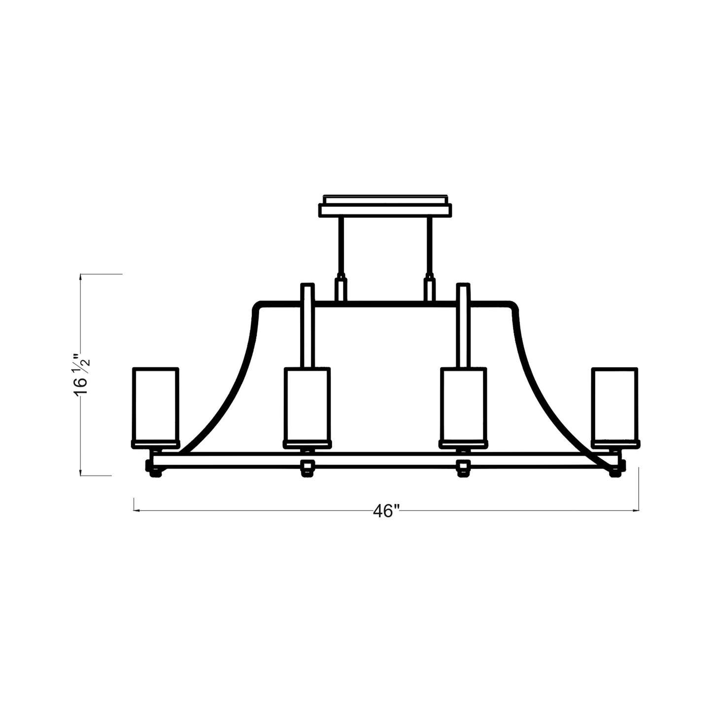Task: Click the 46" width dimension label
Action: click(x=385, y=511)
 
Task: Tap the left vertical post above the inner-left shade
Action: click(x=307, y=325)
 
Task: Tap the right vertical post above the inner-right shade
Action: click(x=463, y=325)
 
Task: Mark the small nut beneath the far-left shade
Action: click(x=156, y=474)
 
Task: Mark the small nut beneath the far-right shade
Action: click(x=614, y=474)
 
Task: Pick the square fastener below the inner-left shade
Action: click(x=307, y=466)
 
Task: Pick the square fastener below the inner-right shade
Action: click(x=463, y=466)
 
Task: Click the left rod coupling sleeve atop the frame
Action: click(x=340, y=289)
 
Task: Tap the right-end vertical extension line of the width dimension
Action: click(x=639, y=488)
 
